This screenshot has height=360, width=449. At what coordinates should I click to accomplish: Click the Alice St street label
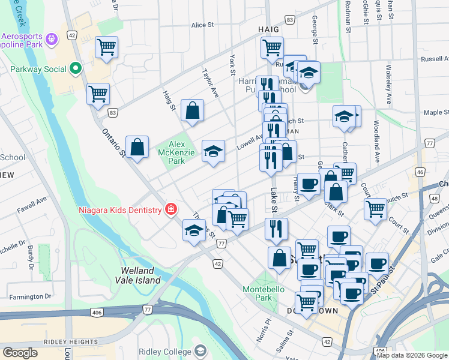(202, 25)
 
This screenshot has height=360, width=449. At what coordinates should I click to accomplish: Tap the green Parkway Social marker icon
(76, 68)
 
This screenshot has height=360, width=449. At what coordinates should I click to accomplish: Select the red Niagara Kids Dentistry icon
(171, 209)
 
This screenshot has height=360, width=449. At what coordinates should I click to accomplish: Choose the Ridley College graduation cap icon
(200, 351)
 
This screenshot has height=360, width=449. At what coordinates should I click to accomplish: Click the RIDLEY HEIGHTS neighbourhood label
(67, 342)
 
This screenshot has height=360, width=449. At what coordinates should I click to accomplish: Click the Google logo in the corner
(20, 353)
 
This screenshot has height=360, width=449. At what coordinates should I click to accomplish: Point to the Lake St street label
(274, 202)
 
